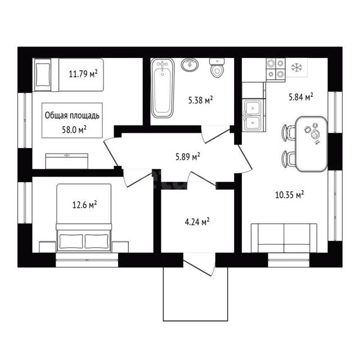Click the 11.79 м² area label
click(x=83, y=74)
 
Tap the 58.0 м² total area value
click(x=74, y=130)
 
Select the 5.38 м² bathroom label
click(x=200, y=100)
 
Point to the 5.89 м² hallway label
click(x=187, y=157)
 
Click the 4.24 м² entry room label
click(x=197, y=222)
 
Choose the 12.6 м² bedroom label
click(x=84, y=205)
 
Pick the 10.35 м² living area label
click(x=290, y=195)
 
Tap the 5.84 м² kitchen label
click(x=301, y=97)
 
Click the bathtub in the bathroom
click(x=163, y=88)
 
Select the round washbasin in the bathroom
click(x=190, y=65)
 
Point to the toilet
click(x=217, y=68)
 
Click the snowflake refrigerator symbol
click(x=296, y=67)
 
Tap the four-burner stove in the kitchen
click(x=276, y=70)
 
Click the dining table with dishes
click(x=311, y=144)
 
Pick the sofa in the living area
click(x=284, y=238)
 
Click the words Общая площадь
click(x=72, y=115)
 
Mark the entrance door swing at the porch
click(x=199, y=264)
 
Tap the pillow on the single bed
click(x=43, y=75)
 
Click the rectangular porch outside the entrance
click(x=195, y=294)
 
